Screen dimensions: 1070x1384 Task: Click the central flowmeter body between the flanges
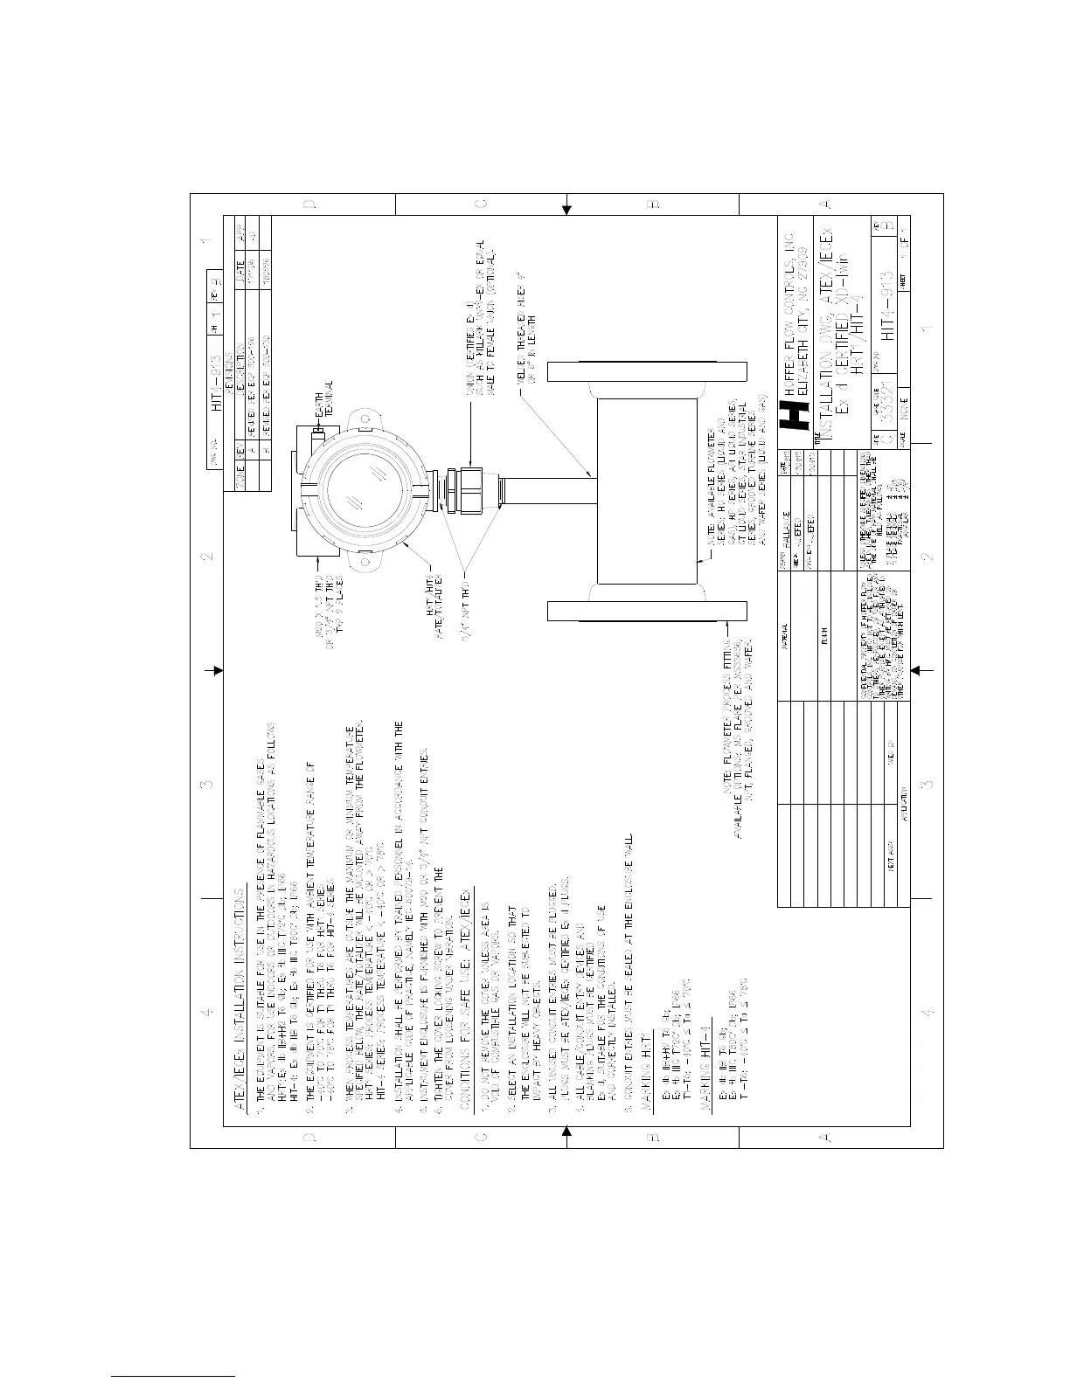coord(647,490)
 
